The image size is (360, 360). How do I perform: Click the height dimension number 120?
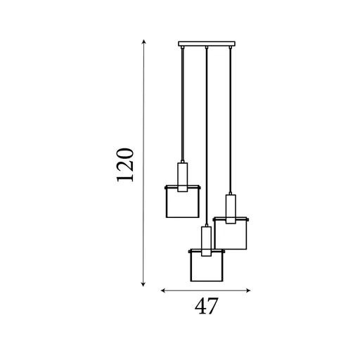(125, 165)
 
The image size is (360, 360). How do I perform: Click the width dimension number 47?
(205, 307)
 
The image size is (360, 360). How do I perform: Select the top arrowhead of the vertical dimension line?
(144, 43)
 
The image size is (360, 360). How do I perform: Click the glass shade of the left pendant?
(183, 204)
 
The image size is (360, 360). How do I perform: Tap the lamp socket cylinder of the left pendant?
(183, 176)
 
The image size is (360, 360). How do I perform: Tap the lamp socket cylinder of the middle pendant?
(205, 240)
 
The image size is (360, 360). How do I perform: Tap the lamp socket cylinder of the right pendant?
(230, 208)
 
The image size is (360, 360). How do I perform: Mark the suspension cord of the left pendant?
(183, 105)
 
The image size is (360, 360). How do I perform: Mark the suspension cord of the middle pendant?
(206, 141)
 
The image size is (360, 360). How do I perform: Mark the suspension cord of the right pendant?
(230, 120)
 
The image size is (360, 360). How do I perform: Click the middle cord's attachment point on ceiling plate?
(206, 49)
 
